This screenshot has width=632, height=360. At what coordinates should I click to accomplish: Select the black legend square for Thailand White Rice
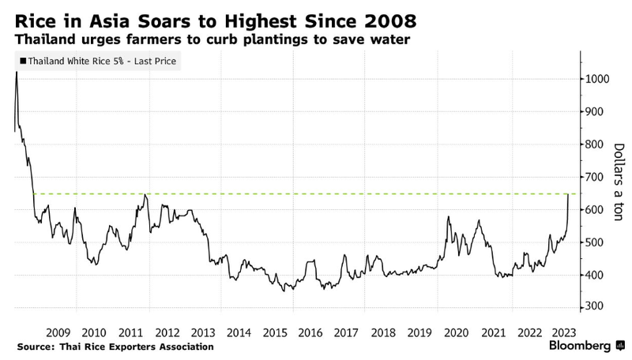(22, 60)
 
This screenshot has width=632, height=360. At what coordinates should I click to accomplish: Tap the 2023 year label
(562, 332)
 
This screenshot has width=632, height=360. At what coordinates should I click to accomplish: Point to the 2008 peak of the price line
(17, 72)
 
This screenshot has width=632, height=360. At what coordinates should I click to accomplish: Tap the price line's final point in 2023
(569, 194)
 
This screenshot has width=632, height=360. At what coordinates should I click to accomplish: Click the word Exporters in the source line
(131, 347)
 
